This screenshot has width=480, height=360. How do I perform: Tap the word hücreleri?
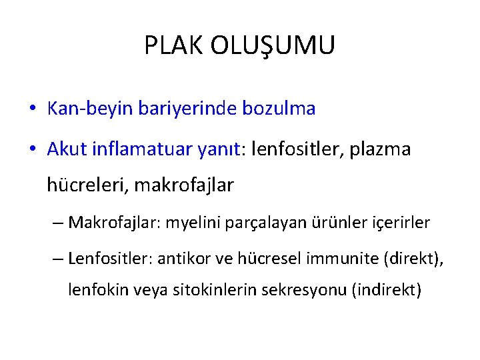[x=88, y=185]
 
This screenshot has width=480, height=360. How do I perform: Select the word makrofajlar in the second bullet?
[x=184, y=185]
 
